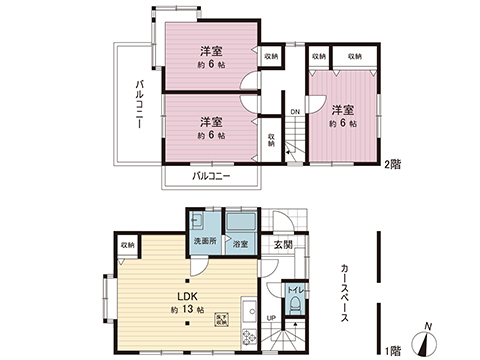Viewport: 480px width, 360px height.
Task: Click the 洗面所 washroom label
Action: point(204,242)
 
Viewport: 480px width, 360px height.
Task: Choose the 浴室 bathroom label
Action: point(240,243)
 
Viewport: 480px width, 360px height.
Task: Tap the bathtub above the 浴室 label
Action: point(240,223)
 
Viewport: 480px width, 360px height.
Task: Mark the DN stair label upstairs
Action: point(295,111)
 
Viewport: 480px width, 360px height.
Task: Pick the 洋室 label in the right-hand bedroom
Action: point(343,109)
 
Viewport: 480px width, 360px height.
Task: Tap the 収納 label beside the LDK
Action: point(128,244)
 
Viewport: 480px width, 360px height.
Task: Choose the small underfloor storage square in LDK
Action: point(222,319)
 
